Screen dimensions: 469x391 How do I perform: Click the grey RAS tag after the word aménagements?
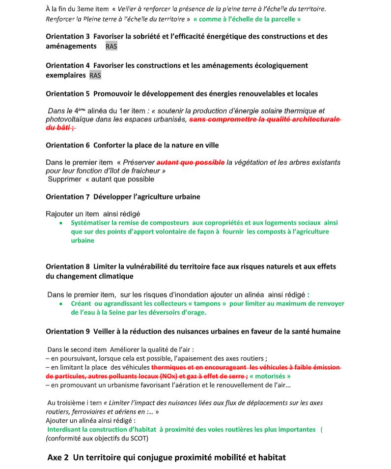pos(111,46)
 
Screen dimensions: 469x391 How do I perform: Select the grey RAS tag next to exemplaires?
pos(95,75)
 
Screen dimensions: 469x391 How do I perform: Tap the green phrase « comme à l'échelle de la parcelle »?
pos(247,19)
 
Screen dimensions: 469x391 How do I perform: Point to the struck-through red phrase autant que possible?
pos(191,162)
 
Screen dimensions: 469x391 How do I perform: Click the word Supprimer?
pos(64,179)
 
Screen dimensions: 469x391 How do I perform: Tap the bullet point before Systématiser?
pos(60,223)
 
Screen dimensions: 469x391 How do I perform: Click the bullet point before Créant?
pos(60,304)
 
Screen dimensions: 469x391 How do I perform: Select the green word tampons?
pos(208,304)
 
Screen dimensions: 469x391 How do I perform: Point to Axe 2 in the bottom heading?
pos(58,457)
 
